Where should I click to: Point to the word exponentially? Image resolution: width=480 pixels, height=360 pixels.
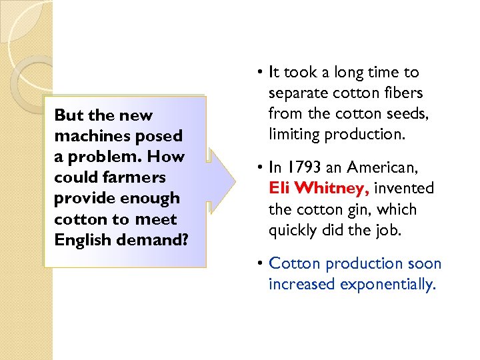click(388, 285)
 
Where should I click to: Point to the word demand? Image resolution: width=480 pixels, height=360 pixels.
click(153, 240)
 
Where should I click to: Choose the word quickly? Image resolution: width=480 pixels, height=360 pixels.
click(293, 230)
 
